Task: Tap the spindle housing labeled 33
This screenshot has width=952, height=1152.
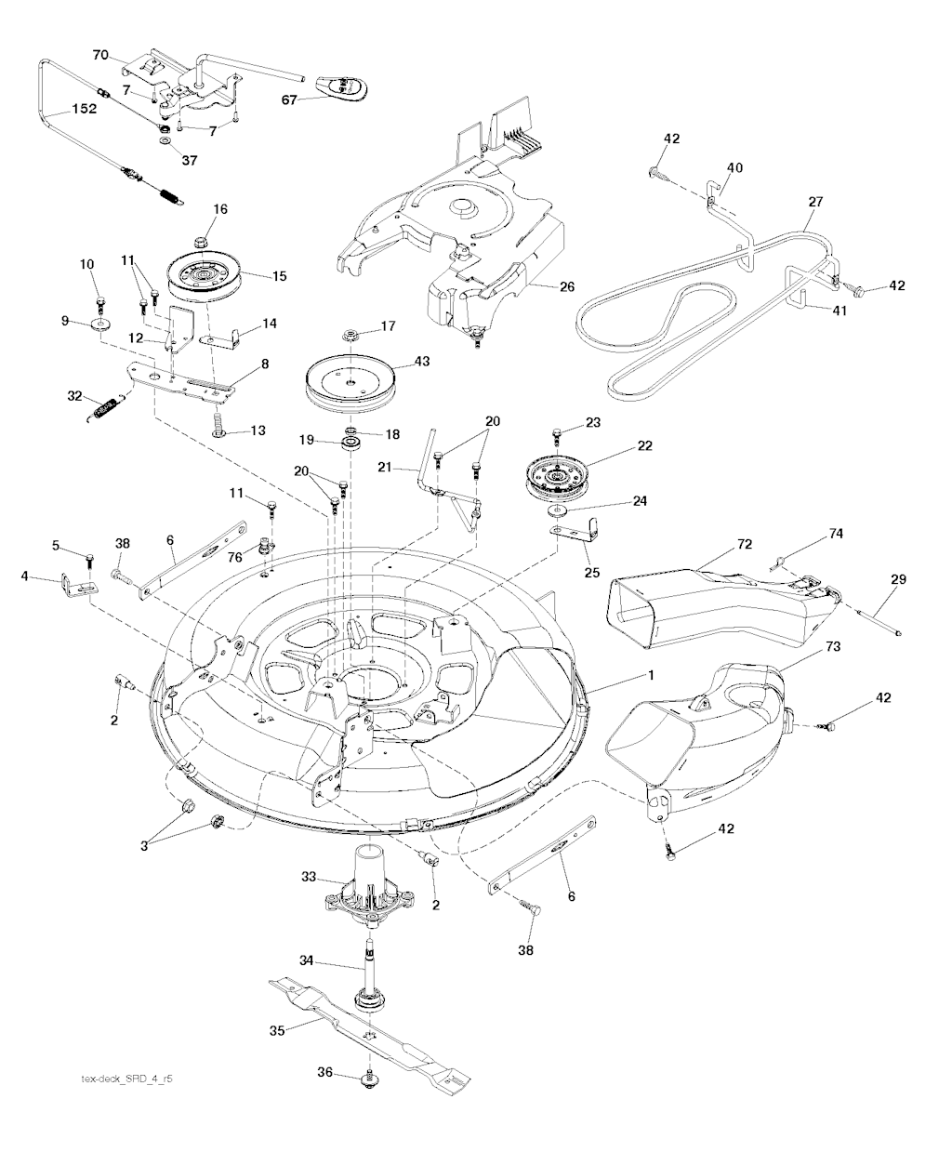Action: pyautogui.click(x=366, y=888)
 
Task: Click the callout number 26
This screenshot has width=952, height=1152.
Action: pyautogui.click(x=567, y=287)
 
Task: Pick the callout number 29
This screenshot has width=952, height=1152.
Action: pyautogui.click(x=897, y=579)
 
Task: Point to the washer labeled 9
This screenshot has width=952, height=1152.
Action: pyautogui.click(x=99, y=327)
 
